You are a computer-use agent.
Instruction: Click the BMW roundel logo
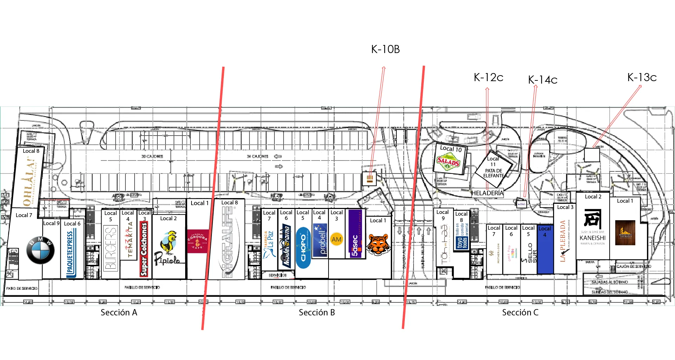(40, 250)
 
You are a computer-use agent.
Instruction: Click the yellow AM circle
(336, 239)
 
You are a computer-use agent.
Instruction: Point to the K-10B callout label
(385, 50)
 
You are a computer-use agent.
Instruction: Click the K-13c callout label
(642, 77)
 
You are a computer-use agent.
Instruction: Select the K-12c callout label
(488, 78)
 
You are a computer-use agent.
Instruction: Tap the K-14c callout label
(543, 80)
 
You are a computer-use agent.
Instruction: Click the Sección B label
(317, 313)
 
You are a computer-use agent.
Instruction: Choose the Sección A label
(119, 313)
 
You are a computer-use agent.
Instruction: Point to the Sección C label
(520, 313)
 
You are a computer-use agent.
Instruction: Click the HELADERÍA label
(487, 193)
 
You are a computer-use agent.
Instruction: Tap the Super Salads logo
(448, 162)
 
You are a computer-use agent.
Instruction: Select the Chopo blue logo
(303, 247)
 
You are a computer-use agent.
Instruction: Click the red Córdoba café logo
(197, 241)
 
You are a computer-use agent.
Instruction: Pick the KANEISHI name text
(592, 238)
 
